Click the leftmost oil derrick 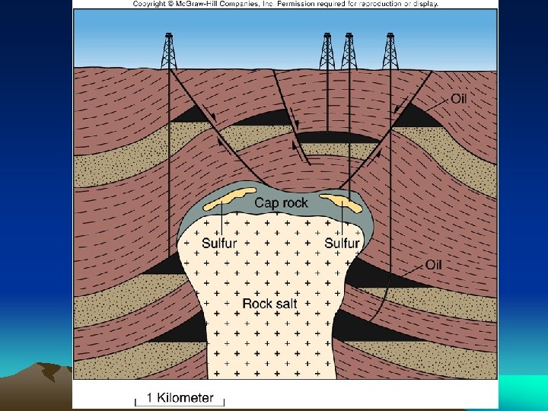168,51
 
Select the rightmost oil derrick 390,51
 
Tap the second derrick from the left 327,51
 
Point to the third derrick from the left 349,51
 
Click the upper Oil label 459,99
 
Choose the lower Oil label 434,265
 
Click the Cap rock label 281,202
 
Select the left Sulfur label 219,244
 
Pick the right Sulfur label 342,244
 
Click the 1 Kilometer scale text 180,398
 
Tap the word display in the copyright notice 423,4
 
